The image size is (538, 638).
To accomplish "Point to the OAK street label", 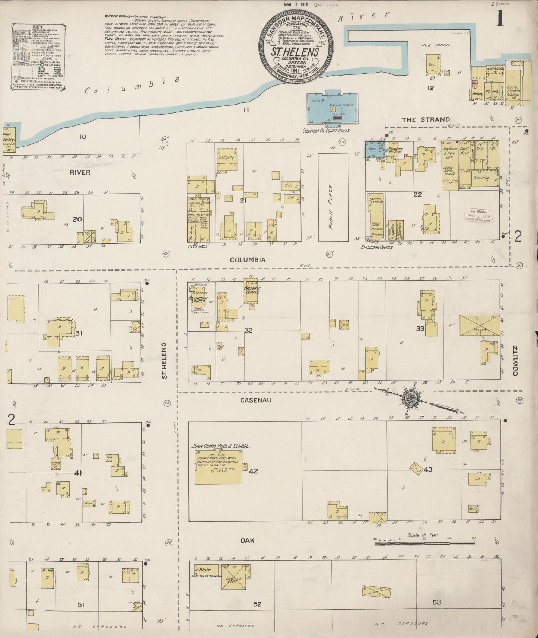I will click(x=247, y=540).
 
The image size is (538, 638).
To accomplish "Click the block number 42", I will click(x=254, y=471).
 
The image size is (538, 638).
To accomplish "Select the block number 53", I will click(x=437, y=602).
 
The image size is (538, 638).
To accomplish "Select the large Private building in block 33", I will click(x=479, y=326).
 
